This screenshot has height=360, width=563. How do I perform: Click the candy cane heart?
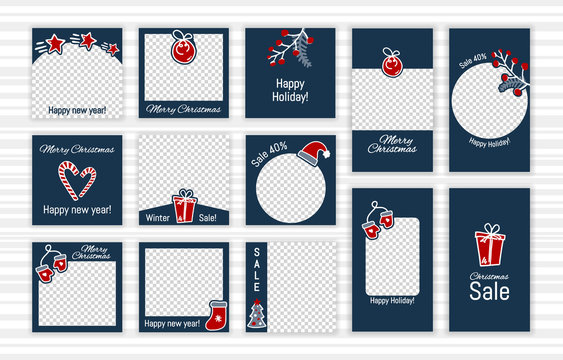[77, 179]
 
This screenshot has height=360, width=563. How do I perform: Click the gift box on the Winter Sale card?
[184, 207]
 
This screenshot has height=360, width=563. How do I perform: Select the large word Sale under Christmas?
[489, 291]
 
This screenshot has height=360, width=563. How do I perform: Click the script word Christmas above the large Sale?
[490, 273]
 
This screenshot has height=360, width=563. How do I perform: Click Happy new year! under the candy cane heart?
[77, 211]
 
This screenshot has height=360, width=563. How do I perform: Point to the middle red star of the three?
[87, 41]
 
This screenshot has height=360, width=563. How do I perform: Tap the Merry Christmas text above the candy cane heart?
[77, 149]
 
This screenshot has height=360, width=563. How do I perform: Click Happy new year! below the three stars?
[77, 109]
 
